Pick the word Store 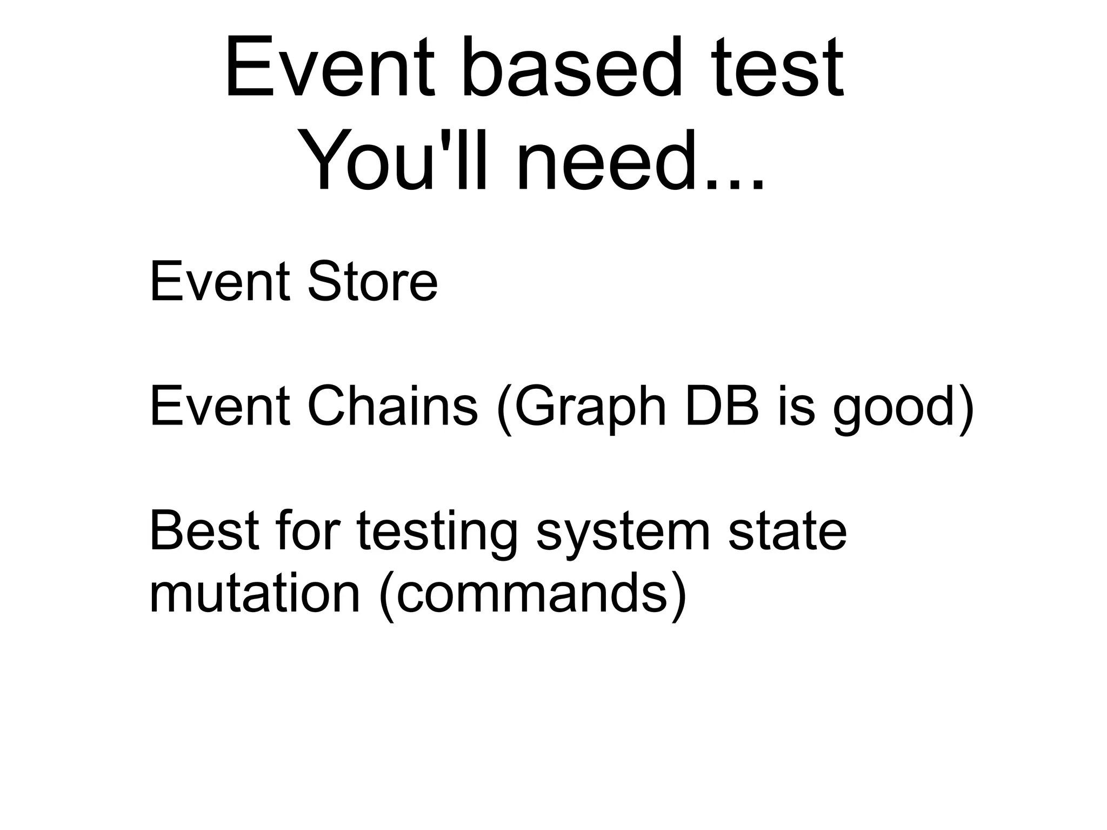(x=372, y=282)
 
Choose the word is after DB (x=796, y=407)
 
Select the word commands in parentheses (x=532, y=595)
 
